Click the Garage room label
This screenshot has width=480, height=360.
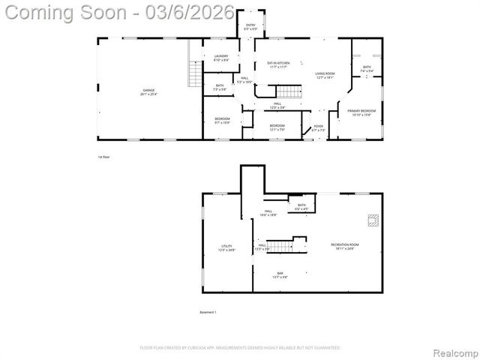(148, 91)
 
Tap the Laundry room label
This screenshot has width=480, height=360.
(220, 58)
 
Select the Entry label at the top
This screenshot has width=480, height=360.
(250, 27)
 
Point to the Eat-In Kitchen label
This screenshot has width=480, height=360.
(273, 64)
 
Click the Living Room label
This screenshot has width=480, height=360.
(325, 75)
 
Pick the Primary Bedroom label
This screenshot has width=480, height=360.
(361, 112)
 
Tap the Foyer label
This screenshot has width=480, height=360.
(318, 127)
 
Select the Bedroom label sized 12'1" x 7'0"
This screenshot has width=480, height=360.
(277, 127)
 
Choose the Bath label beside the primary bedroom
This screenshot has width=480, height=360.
(367, 68)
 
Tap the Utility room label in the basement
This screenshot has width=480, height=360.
(226, 247)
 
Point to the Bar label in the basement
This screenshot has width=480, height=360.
(280, 274)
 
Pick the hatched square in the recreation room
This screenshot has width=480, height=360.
(372, 220)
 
